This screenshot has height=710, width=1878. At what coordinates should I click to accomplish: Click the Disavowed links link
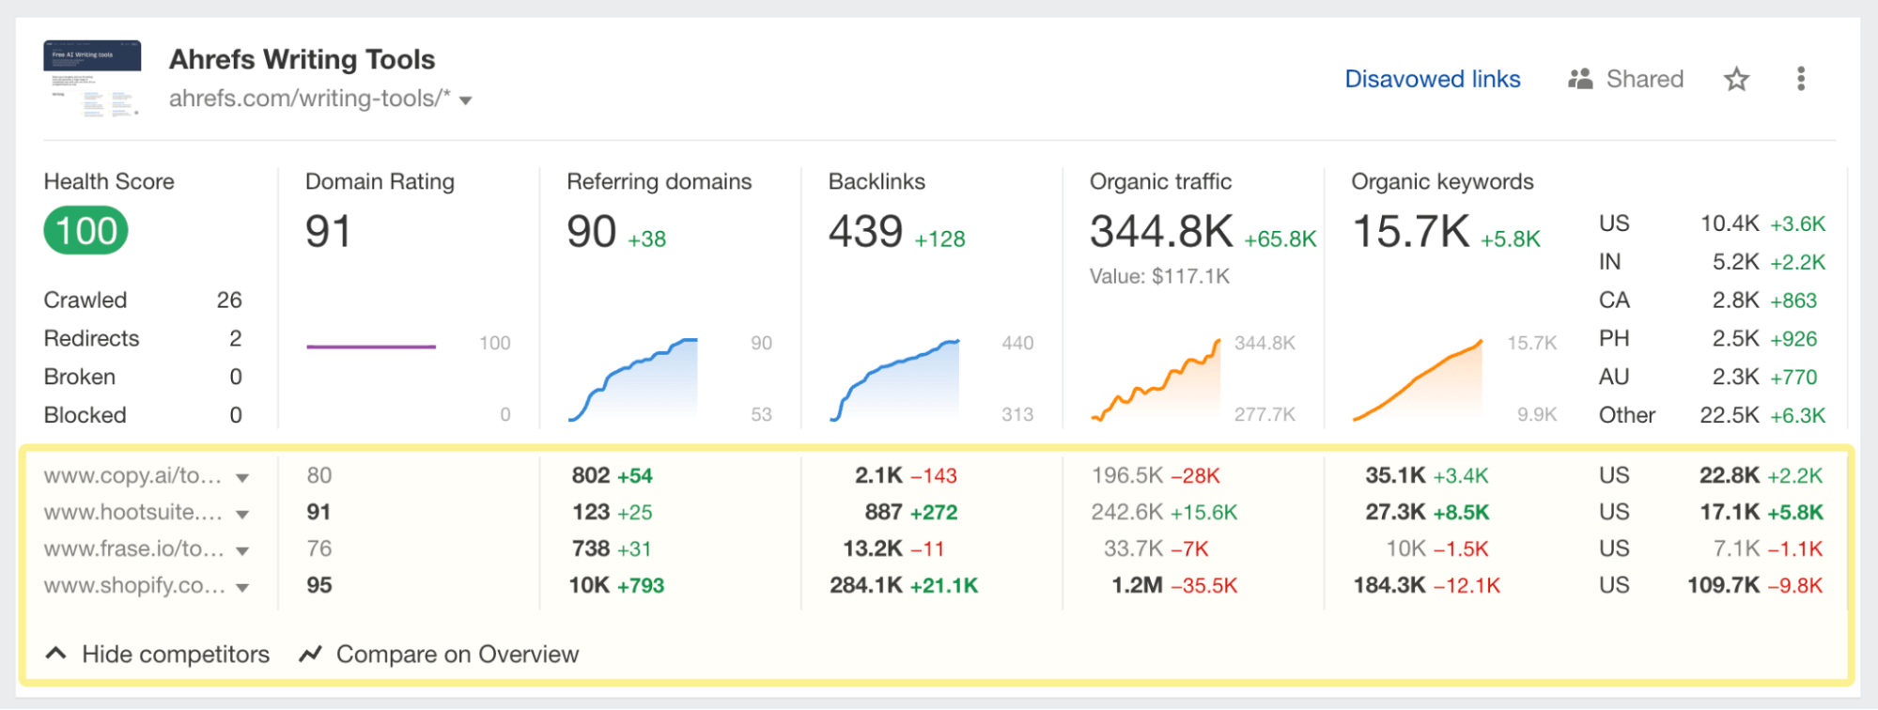click(1432, 79)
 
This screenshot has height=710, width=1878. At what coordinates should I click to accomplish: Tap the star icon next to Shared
click(1736, 79)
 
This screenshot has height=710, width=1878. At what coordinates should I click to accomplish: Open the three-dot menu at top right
click(1800, 79)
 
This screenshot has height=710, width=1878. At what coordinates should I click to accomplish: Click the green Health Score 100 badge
click(85, 231)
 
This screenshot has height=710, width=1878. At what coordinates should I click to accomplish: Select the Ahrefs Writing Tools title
click(302, 59)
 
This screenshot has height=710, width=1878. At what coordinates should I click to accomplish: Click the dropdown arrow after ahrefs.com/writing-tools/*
click(465, 100)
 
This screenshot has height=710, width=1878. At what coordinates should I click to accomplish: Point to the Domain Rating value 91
click(328, 232)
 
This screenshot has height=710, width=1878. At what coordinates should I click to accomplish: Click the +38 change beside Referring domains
click(646, 239)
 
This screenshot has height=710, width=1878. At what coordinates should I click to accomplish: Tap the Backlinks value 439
click(865, 232)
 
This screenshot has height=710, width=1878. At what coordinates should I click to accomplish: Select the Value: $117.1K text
click(1159, 276)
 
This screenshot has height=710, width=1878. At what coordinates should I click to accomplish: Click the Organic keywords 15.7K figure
click(1410, 232)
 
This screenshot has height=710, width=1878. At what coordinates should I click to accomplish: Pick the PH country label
click(1613, 338)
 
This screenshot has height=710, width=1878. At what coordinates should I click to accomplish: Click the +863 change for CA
click(1793, 301)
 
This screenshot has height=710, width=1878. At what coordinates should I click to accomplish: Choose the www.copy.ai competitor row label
click(132, 475)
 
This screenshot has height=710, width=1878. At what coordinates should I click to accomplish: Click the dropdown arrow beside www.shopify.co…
click(242, 588)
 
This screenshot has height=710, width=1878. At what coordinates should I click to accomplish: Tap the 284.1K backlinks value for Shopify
click(865, 585)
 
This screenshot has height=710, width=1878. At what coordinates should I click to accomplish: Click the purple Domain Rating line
click(370, 347)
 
